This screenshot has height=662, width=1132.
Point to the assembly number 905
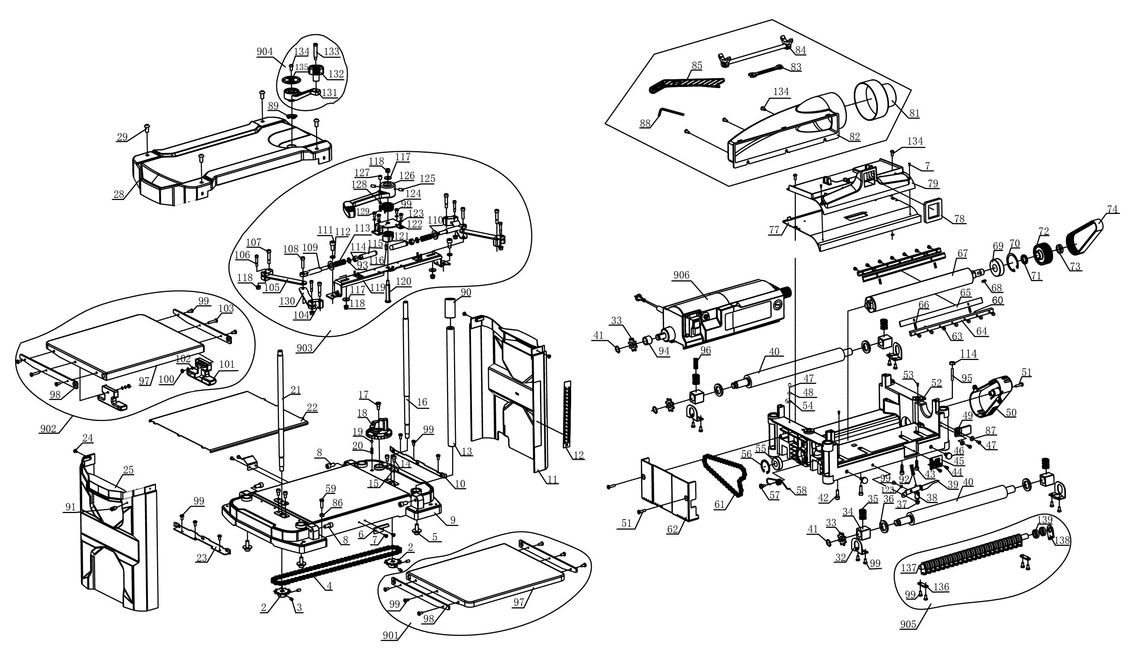(x=909, y=624)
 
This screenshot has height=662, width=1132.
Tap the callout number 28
(x=119, y=194)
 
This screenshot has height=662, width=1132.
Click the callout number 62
(x=672, y=529)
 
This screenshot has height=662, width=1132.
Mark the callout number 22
(x=312, y=407)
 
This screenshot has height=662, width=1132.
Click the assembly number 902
(x=48, y=429)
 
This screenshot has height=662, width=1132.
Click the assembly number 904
(x=265, y=52)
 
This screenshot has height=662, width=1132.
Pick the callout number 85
(x=697, y=66)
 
